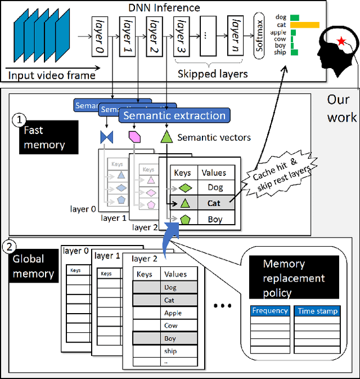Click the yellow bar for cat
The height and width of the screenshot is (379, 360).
[x=304, y=25]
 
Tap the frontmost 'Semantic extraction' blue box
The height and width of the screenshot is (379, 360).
[x=174, y=115]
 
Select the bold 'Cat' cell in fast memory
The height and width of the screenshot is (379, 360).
[x=214, y=203]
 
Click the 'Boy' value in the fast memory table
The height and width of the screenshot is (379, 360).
[x=214, y=219]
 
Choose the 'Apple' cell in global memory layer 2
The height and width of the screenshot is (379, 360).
[x=173, y=313]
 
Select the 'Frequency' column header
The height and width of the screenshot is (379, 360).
[x=270, y=311]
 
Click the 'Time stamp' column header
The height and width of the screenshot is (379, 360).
[x=318, y=311]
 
